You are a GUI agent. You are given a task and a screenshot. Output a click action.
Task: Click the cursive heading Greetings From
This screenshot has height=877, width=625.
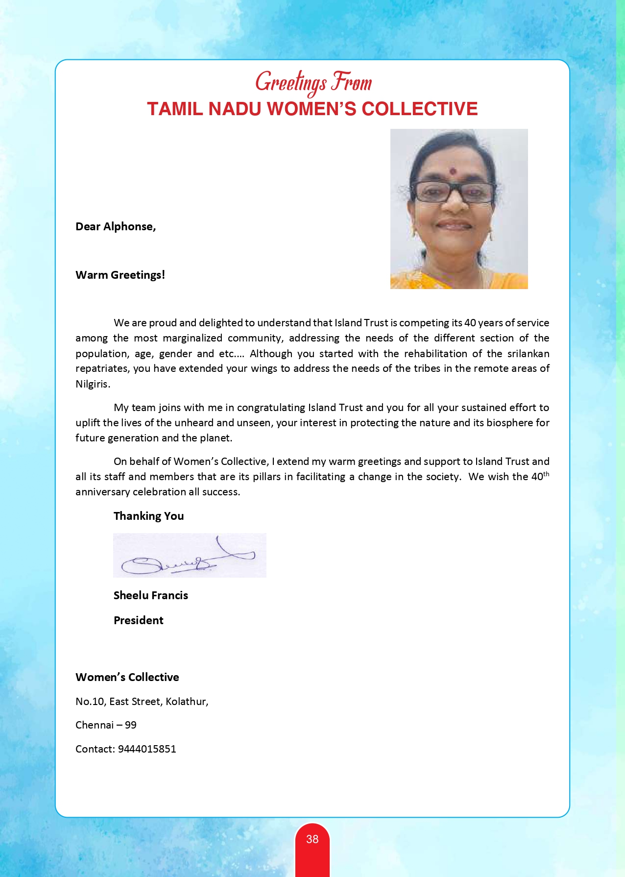[313, 82]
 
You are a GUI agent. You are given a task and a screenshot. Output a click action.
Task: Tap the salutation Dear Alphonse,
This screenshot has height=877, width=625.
[116, 226]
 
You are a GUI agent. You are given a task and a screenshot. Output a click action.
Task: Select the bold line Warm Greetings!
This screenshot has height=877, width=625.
[120, 275]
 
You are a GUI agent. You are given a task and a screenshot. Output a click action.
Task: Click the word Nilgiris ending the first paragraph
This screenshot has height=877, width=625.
[92, 384]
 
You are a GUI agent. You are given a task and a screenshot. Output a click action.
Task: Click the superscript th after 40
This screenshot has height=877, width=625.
[547, 474]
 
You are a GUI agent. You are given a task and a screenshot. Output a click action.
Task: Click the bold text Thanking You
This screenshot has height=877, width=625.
[148, 516]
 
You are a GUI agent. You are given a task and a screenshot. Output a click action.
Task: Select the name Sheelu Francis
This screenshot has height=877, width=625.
[151, 595]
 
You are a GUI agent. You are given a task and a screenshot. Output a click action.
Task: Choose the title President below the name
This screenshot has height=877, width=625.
[139, 620]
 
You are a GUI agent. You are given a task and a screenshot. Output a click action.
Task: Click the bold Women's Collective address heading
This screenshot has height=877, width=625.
[127, 677]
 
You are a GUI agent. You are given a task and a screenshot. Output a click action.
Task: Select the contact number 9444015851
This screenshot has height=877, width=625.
[147, 749]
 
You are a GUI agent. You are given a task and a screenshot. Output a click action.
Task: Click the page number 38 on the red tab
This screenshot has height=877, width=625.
[312, 839]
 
